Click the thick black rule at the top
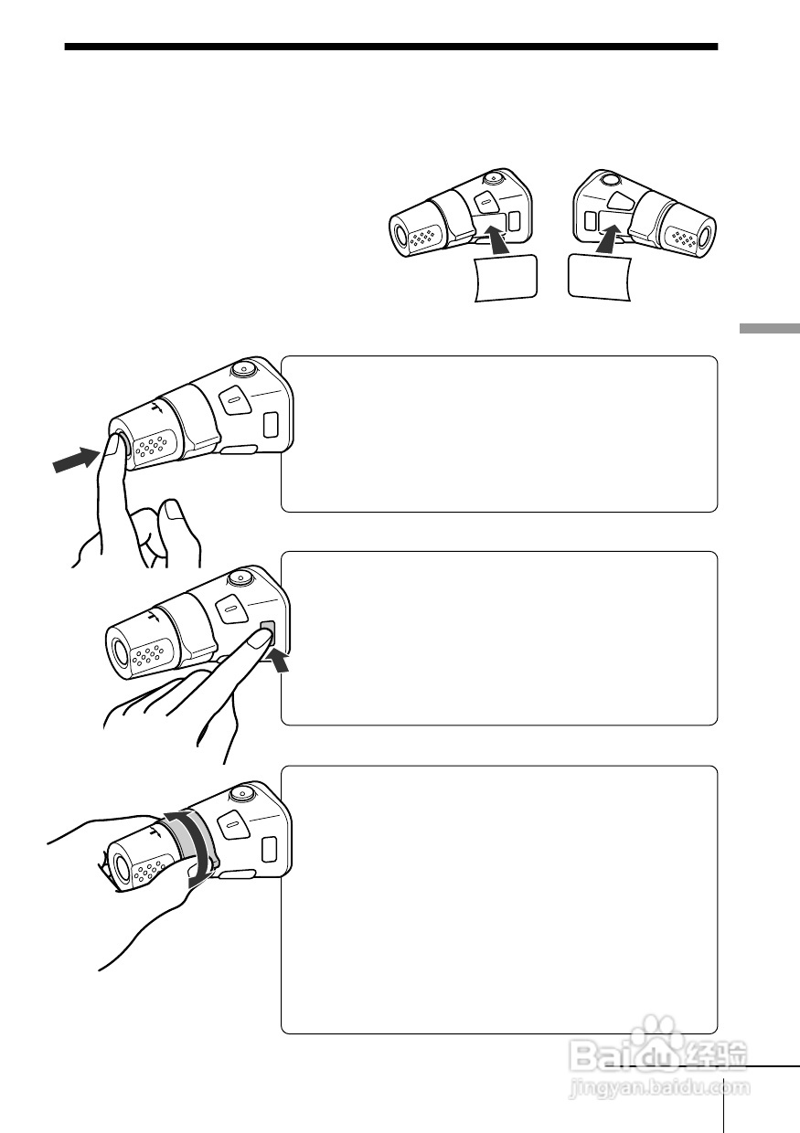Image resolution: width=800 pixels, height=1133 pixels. pos(391,47)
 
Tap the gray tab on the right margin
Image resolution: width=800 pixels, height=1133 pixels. pos(770,328)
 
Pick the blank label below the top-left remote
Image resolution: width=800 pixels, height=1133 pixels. pos(506,278)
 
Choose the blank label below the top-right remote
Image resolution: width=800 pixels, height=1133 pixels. pos(600,278)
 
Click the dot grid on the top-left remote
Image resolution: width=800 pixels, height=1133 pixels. pos(422,238)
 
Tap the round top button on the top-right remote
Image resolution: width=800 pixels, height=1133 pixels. pos(610,179)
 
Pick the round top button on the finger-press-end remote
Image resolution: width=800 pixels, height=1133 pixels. pos(245,370)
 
